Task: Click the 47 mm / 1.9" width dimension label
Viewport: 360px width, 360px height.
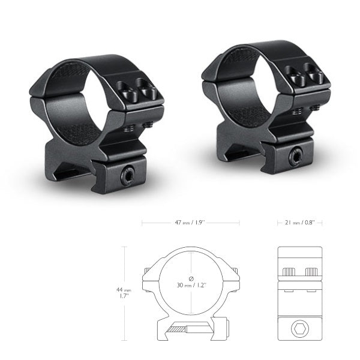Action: point(190,223)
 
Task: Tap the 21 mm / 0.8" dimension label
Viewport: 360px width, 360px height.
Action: point(299,223)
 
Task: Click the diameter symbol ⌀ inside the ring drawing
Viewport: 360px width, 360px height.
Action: point(191,277)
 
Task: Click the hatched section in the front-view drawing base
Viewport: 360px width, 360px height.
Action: point(179,329)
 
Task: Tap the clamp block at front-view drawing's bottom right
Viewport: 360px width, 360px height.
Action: point(223,328)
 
